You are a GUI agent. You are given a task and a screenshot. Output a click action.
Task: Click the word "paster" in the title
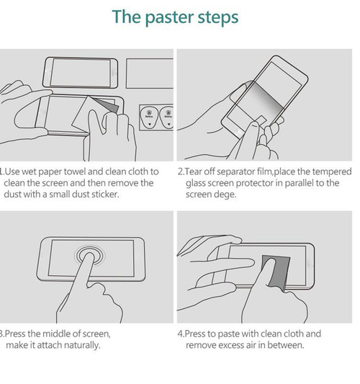point(170,17)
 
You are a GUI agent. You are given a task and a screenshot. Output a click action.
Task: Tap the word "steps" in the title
point(218,17)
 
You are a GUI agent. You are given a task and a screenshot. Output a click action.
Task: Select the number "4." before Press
point(181,334)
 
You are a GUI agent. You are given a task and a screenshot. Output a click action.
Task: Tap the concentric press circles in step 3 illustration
point(90,255)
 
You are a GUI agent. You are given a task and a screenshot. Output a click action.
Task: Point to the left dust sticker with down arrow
point(149,117)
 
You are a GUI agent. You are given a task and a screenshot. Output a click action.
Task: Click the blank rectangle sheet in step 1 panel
point(150,73)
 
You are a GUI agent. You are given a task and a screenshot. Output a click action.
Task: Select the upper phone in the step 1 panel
point(80,73)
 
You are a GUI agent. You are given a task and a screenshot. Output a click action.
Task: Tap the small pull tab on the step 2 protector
point(261,121)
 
